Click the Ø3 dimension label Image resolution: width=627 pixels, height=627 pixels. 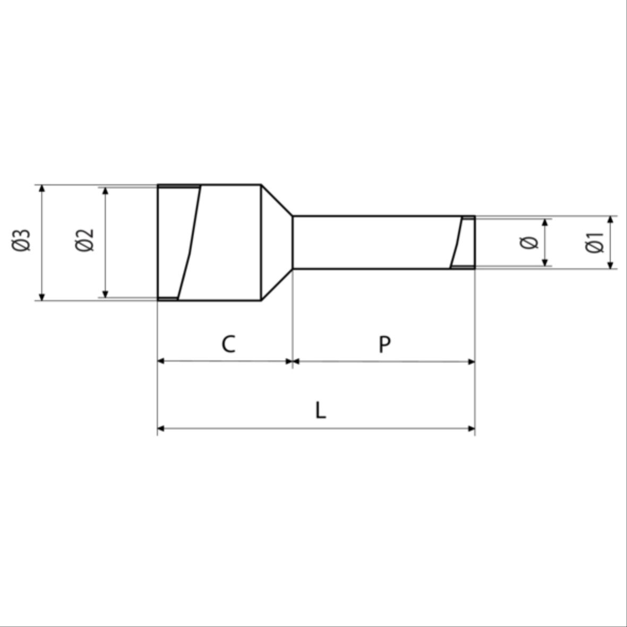pos(21,241)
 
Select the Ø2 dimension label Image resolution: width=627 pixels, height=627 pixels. pos(84,241)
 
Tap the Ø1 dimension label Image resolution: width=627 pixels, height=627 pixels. pos(595,242)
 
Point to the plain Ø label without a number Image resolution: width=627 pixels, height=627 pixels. pos(529,242)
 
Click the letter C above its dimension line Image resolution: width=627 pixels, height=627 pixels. pos(228,344)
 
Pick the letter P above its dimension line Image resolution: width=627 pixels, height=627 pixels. pos(385,344)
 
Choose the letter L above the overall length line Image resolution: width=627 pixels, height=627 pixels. pos(321,410)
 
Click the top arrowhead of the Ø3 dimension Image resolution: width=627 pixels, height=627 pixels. pos(42,188)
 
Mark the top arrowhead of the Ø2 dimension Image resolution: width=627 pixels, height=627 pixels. pos(105,191)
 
